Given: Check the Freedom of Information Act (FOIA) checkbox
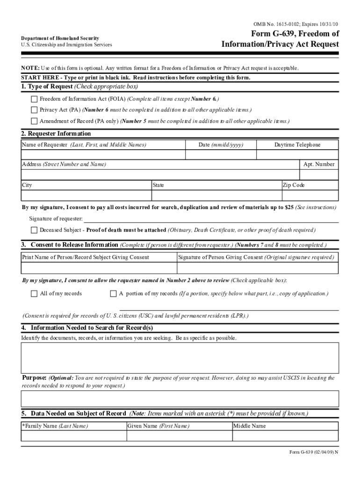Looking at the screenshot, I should tap(34, 99).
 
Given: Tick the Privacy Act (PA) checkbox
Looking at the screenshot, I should tap(34, 110).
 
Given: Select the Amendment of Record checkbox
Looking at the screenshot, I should tap(34, 121).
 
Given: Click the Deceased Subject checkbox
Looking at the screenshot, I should tap(34, 230).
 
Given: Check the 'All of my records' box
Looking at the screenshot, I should tap(34, 294).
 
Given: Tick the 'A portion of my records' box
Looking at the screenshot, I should tap(113, 294).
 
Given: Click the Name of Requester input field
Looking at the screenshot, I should tap(103, 154).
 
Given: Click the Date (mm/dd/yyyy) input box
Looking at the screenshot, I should tap(221, 154).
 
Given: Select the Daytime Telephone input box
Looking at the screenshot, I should tap(297, 154).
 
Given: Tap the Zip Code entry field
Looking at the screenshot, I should tap(310, 196).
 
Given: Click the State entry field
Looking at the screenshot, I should tap(216, 196).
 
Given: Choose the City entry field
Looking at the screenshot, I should tap(86, 196).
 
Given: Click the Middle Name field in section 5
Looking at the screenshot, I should tap(285, 436).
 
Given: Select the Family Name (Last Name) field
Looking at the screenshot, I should tap(74, 436).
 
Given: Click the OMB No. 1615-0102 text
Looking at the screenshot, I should tap(295, 24).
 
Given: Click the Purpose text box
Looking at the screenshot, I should tap(180, 399).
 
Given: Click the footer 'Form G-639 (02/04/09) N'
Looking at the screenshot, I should tap(313, 452).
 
